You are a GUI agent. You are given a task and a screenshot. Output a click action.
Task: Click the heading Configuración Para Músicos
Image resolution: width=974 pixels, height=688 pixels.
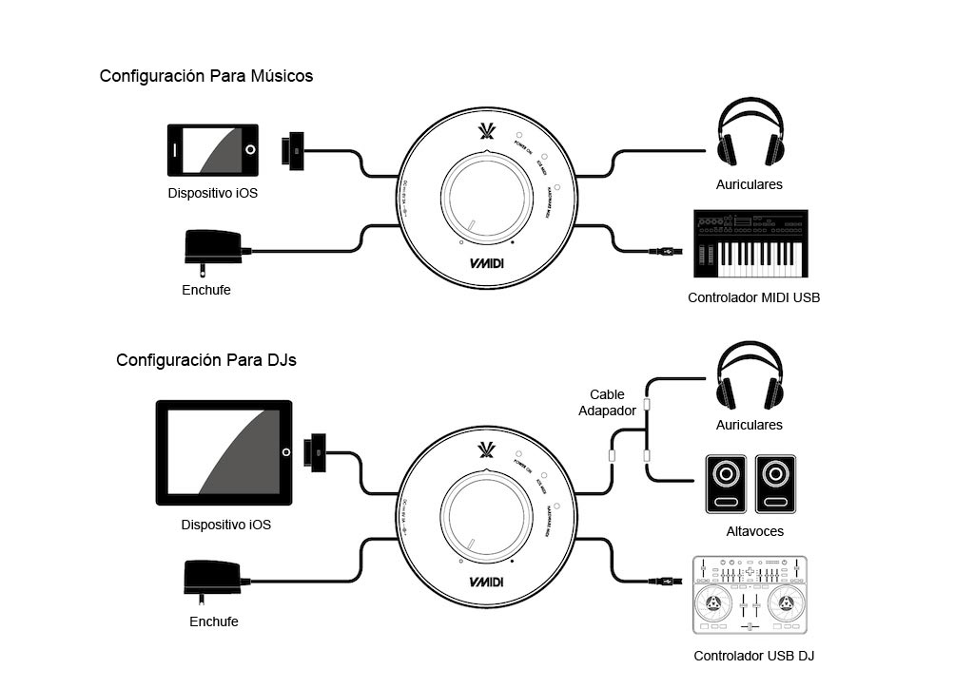pyautogui.click(x=206, y=76)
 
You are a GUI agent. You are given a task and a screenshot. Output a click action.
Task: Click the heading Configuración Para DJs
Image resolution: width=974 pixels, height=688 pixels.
pyautogui.click(x=206, y=361)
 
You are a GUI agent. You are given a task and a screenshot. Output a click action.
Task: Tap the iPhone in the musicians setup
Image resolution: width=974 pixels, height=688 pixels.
pyautogui.click(x=213, y=149)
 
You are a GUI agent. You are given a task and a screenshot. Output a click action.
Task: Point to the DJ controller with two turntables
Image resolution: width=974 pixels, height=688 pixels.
pyautogui.click(x=750, y=595)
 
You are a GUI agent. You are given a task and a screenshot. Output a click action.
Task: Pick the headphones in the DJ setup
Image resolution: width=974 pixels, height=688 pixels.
pyautogui.click(x=750, y=376)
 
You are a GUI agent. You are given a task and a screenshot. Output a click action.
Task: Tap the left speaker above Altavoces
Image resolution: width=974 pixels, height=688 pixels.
pyautogui.click(x=726, y=484)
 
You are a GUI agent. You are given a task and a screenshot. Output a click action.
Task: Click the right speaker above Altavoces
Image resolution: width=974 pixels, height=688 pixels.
pyautogui.click(x=775, y=484)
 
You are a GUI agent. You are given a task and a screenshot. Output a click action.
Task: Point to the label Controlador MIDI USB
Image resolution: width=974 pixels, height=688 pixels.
pyautogui.click(x=753, y=297)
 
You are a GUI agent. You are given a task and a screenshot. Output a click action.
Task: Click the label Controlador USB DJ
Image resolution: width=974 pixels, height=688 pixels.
pyautogui.click(x=753, y=656)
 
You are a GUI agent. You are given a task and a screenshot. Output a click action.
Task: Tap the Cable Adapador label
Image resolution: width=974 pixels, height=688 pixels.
pyautogui.click(x=607, y=402)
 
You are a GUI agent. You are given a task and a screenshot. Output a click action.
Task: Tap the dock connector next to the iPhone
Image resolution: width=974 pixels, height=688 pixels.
pyautogui.click(x=292, y=149)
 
